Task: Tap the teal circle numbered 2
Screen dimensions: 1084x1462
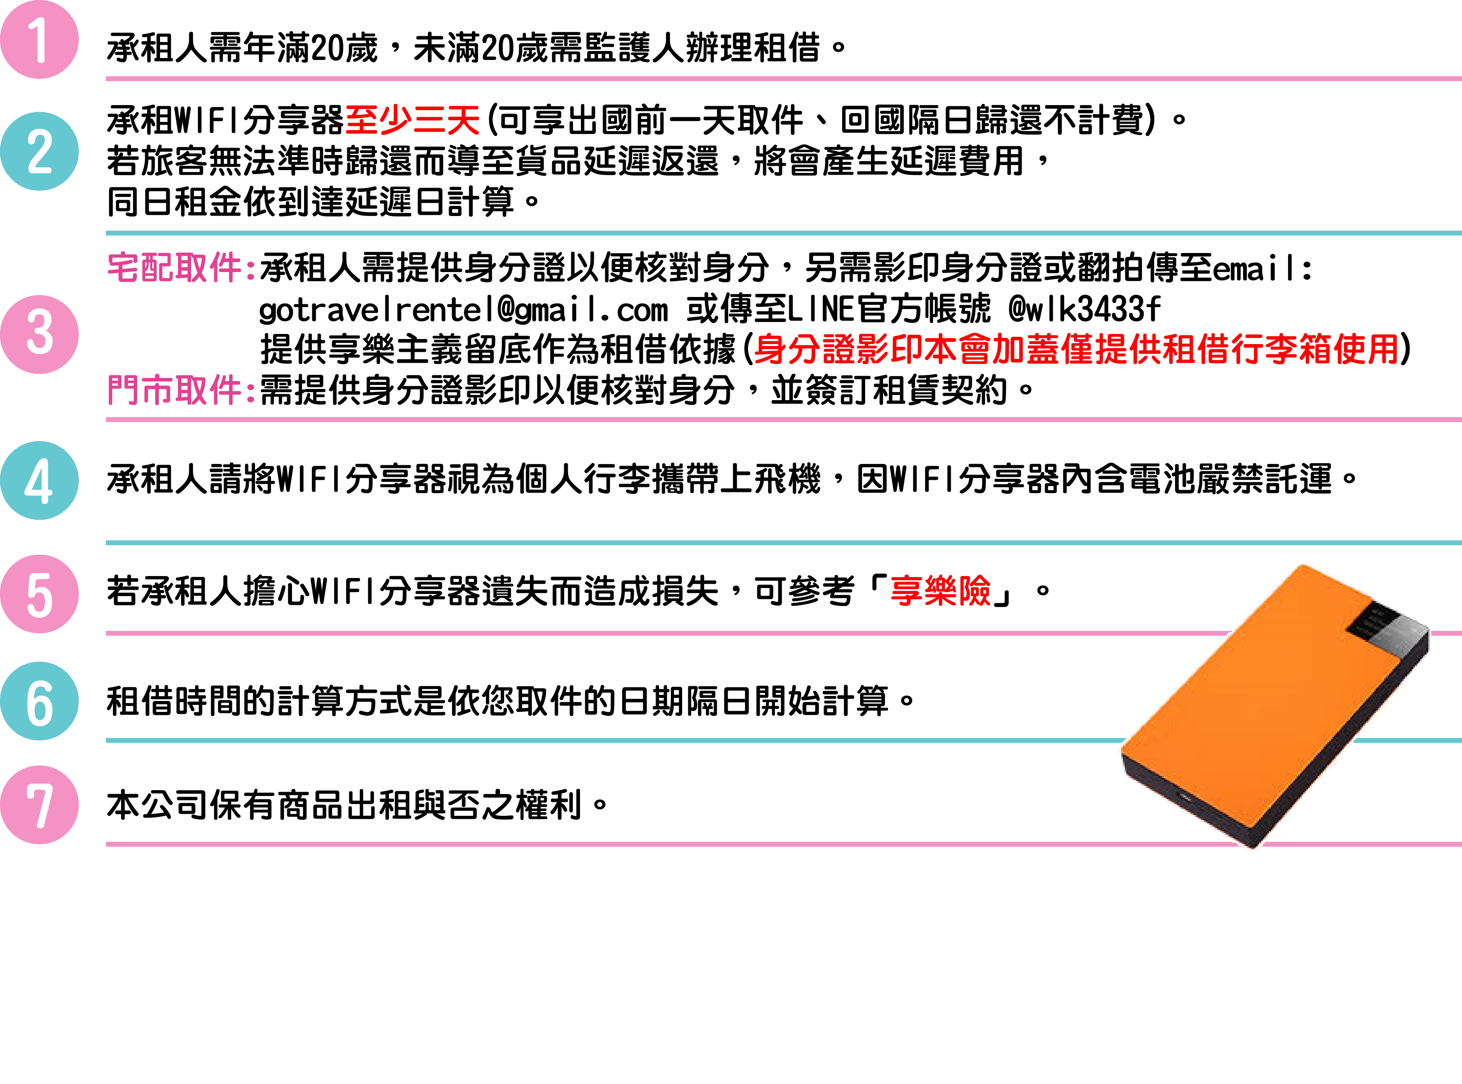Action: coord(39,151)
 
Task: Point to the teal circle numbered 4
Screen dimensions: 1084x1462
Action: coord(39,480)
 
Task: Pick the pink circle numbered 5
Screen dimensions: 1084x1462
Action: coord(39,594)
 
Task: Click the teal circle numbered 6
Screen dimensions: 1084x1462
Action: coord(39,701)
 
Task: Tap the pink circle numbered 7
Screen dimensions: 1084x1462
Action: coord(39,805)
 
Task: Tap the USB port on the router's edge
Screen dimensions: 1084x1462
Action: coord(1186,798)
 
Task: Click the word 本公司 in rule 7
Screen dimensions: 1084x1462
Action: coord(157,805)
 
